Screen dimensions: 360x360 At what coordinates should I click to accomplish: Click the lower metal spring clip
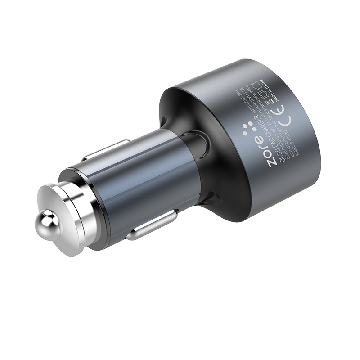coord(153,225)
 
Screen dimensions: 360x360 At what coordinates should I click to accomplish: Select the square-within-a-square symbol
coord(263,94)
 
